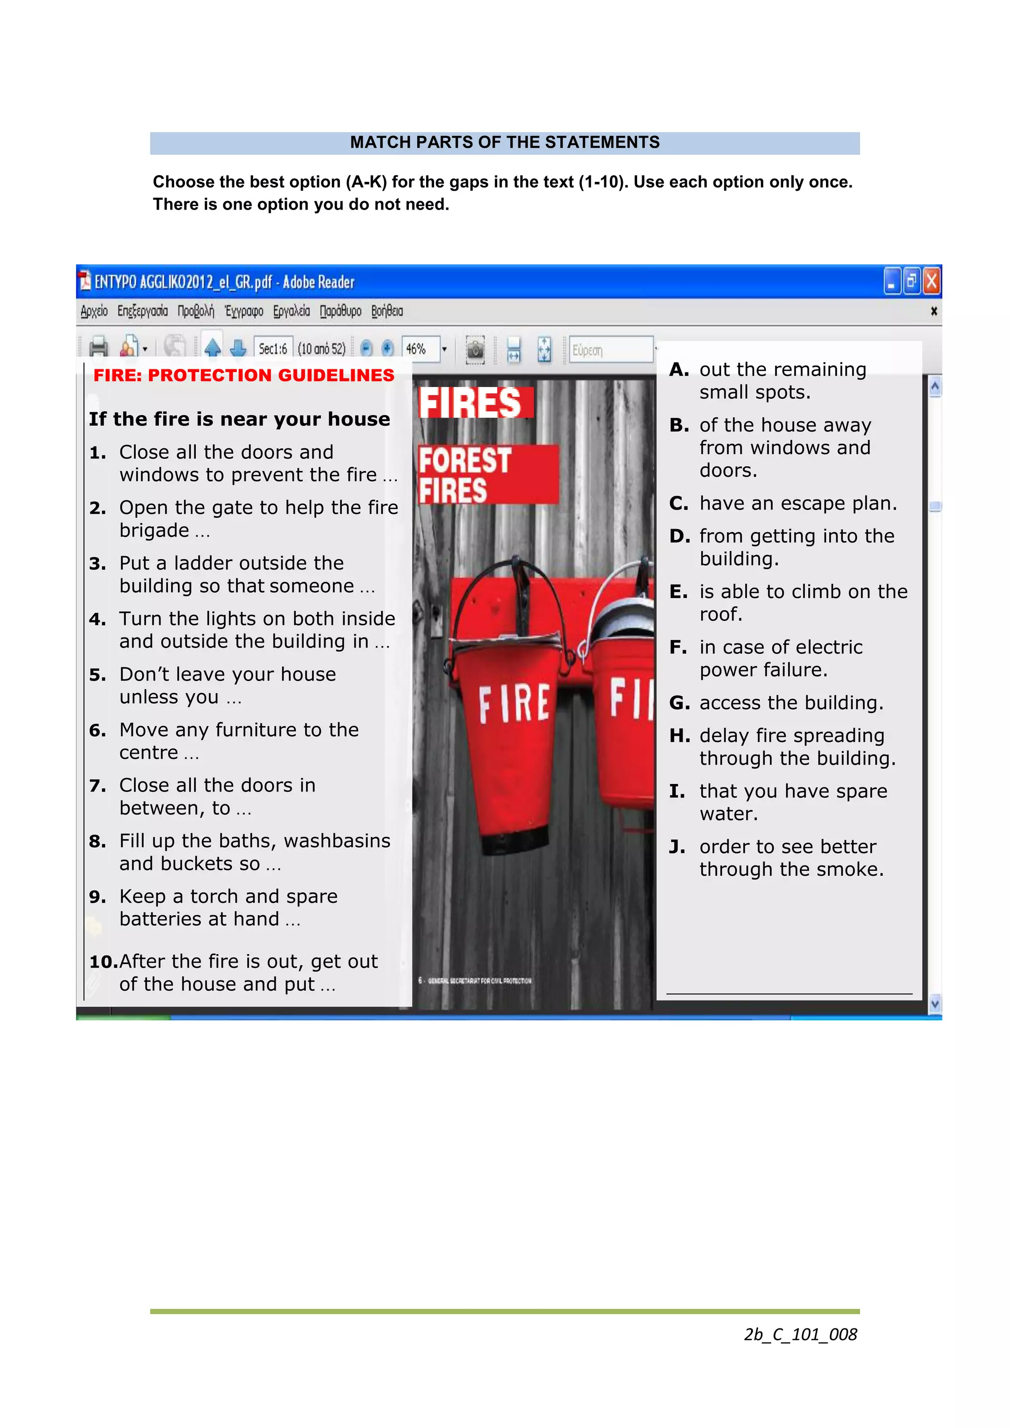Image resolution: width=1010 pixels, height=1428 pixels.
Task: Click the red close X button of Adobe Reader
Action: [x=931, y=282]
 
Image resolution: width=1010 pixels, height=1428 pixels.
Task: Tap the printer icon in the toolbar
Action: [x=98, y=348]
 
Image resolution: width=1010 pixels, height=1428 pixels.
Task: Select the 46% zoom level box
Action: [x=420, y=349]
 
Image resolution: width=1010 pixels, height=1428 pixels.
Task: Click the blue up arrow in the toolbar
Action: [x=213, y=348]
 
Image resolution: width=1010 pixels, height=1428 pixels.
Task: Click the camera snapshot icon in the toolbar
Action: [x=475, y=349]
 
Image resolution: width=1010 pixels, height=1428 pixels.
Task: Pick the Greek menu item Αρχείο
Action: [x=94, y=311]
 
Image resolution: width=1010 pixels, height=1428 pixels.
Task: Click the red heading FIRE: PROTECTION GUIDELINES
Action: [x=244, y=375]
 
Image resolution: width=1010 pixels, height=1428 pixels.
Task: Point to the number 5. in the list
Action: [x=98, y=675]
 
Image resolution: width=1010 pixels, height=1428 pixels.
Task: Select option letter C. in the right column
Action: [x=679, y=503]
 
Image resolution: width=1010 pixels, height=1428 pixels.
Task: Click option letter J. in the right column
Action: [x=677, y=847]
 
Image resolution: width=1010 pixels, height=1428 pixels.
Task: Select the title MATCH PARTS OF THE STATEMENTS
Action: [x=505, y=143]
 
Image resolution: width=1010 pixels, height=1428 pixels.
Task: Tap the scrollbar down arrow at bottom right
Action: [x=934, y=1003]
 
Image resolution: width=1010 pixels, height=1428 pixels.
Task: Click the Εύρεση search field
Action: [x=610, y=350]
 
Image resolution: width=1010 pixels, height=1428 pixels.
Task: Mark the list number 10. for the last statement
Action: [x=103, y=962]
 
